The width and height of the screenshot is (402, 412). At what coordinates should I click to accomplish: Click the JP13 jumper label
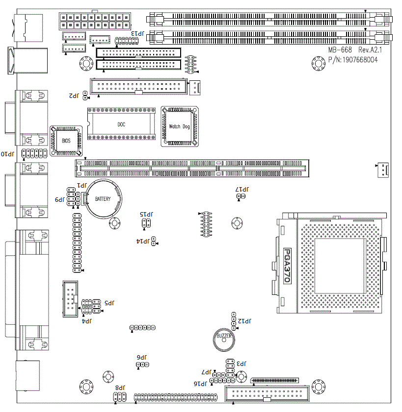click(x=137, y=33)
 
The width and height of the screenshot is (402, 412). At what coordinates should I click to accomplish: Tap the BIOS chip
click(x=66, y=141)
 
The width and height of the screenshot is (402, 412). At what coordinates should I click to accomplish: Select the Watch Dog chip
click(x=179, y=126)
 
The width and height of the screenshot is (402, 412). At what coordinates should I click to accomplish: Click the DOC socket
click(x=121, y=124)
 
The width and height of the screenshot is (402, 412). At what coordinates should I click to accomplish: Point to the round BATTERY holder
click(x=103, y=199)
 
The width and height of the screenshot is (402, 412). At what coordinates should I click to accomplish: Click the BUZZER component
click(x=224, y=336)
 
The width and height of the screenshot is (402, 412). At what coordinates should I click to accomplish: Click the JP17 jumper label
click(x=243, y=189)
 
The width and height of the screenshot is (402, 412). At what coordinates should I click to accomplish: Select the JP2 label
click(x=74, y=95)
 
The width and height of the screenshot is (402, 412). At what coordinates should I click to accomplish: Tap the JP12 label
click(x=244, y=321)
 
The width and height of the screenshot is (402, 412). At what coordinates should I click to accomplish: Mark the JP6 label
click(x=141, y=358)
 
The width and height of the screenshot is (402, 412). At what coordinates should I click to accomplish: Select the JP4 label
click(x=87, y=321)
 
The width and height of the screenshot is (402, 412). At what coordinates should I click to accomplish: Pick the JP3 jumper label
click(x=241, y=364)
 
